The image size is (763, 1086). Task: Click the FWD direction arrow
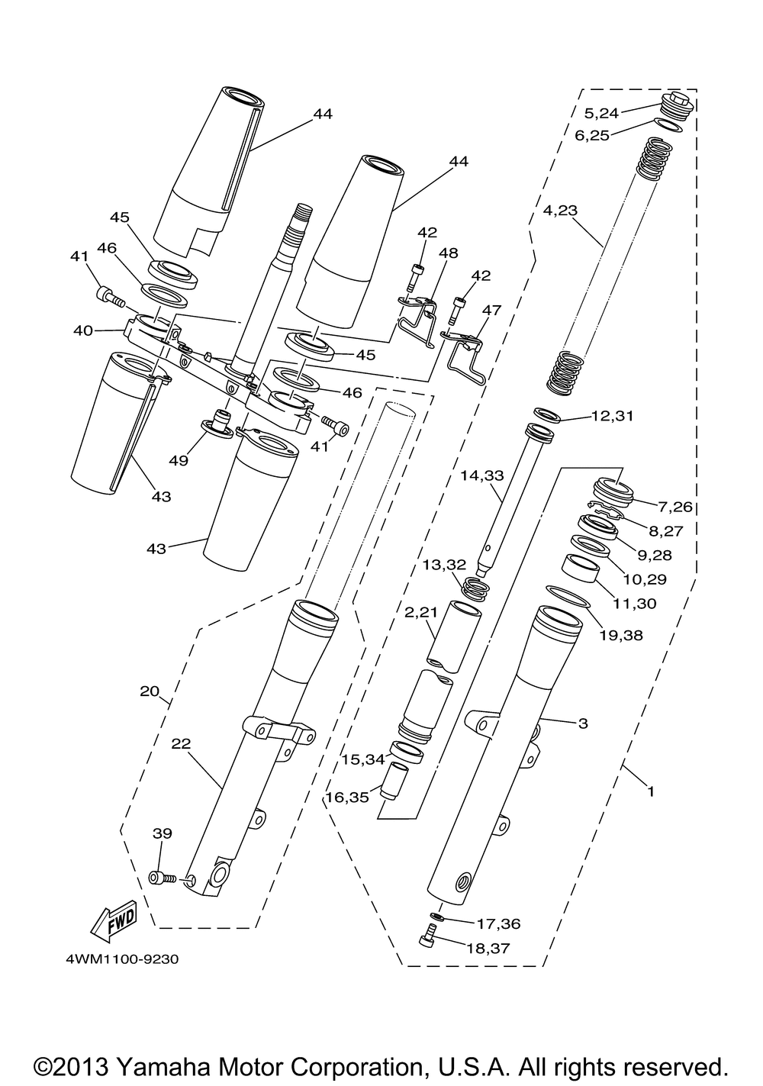click(x=114, y=920)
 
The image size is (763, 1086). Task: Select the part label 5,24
click(x=601, y=114)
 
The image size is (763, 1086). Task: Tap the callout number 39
click(x=163, y=833)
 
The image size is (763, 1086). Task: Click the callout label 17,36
click(x=499, y=923)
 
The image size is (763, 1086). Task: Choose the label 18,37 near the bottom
click(x=488, y=947)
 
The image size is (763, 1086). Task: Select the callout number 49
click(x=179, y=459)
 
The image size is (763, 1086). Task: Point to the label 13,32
click(x=444, y=565)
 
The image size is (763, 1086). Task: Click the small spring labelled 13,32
click(x=475, y=589)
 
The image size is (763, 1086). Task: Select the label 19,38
click(x=621, y=635)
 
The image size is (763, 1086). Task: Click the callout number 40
click(x=83, y=330)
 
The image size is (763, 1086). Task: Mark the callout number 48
click(x=449, y=253)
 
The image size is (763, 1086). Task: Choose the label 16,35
click(x=347, y=797)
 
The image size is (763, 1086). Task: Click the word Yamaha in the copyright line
click(x=162, y=1065)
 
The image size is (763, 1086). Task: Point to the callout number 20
click(x=150, y=691)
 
